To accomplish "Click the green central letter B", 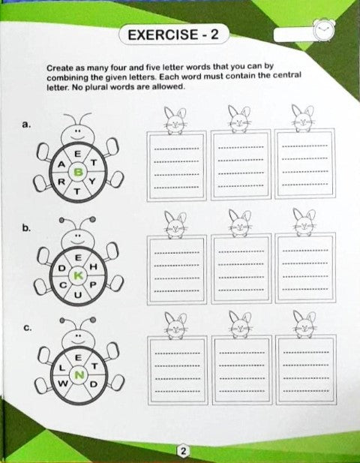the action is coord(78,172).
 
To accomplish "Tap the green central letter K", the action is coord(78,276).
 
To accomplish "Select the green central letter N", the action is coord(79,375).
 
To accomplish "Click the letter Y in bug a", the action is coord(92,182).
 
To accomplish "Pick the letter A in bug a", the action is coord(61,164).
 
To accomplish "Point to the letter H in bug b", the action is coord(93,267).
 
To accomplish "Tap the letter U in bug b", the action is coord(78,295).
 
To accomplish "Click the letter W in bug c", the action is coord(63,383).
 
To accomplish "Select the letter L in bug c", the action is coord(62,368).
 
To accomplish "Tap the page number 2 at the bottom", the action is coord(183,451).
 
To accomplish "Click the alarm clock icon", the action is coord(324,31).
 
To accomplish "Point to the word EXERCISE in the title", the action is coord(163,35).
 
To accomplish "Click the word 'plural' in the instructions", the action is coord(96,87).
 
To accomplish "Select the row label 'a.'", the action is coord(26,125).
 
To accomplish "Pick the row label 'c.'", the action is coord(27,328).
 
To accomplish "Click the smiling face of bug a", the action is coord(78,134).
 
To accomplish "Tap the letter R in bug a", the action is coord(61,182).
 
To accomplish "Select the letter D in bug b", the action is coord(61,268).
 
